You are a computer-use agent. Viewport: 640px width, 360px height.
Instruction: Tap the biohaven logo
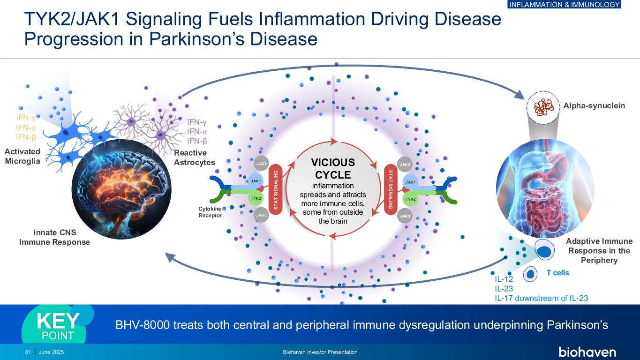coord(587,352)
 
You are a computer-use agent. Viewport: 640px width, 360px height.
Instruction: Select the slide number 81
coord(28,352)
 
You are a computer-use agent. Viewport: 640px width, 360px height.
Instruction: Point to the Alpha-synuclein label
coord(594,106)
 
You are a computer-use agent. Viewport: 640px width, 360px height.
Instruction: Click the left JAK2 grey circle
coord(262,164)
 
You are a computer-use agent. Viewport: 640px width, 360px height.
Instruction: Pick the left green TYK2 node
coord(256,199)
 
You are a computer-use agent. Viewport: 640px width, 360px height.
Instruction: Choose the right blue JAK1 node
coord(410,181)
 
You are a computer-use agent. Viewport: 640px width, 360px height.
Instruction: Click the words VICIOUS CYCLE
coord(333,169)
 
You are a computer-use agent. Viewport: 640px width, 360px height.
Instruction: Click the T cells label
coord(557,273)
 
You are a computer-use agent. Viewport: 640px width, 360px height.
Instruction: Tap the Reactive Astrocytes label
coord(194,158)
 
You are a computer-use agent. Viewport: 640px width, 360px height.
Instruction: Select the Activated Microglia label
coord(23,156)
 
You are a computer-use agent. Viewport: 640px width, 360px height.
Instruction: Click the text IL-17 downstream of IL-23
coord(541,298)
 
